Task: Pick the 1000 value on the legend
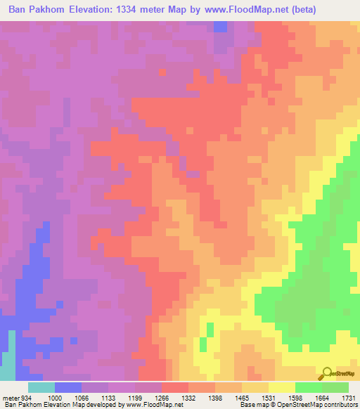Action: pos(54,398)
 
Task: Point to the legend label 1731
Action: pos(348,398)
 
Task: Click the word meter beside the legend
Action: pos(8,398)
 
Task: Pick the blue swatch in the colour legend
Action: pos(67,387)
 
